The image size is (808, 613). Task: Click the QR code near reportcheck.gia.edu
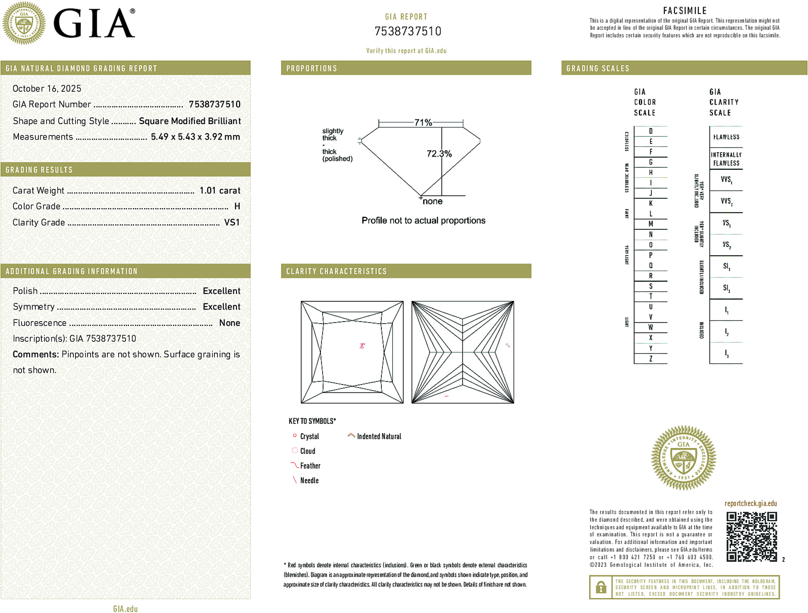coord(751,536)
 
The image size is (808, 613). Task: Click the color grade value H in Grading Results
coord(237,206)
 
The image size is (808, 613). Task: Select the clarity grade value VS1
coord(232,222)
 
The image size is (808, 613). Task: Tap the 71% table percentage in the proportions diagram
coord(423,122)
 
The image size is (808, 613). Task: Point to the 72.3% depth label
coord(439,154)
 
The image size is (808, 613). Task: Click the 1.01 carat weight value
coord(220,191)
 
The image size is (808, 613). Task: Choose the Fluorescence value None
coord(230,323)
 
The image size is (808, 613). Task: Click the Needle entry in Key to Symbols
coord(309,480)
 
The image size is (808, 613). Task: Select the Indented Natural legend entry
coord(378,436)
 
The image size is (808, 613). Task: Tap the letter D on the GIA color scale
coord(651,131)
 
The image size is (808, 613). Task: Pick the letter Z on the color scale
coord(651,359)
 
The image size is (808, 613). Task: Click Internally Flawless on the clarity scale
coord(726,159)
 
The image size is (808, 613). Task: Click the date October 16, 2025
coord(47,88)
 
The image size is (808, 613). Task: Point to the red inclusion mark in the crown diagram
coord(362,345)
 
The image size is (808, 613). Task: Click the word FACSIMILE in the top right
coord(685,10)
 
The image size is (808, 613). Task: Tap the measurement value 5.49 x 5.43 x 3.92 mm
coord(195,137)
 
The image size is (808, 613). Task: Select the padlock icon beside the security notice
coord(600,587)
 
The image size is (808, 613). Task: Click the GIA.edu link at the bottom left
coord(125,608)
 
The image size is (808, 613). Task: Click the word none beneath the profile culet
coord(432,201)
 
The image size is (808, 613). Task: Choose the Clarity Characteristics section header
coord(336,271)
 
